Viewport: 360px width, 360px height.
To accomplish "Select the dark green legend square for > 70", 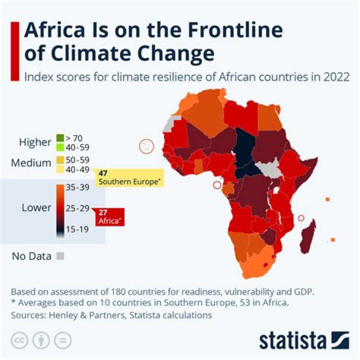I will [60, 137].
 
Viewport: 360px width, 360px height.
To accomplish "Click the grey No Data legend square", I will [60, 256].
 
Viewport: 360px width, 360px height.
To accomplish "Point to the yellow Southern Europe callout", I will [130, 177].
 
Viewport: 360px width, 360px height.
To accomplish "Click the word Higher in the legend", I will [35, 142].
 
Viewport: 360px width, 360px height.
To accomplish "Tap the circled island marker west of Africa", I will [146, 146].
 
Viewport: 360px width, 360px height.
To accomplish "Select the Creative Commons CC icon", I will [20, 340].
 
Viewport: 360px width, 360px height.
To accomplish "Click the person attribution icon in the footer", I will [41, 340].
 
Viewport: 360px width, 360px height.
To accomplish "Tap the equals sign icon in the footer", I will [62, 340].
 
